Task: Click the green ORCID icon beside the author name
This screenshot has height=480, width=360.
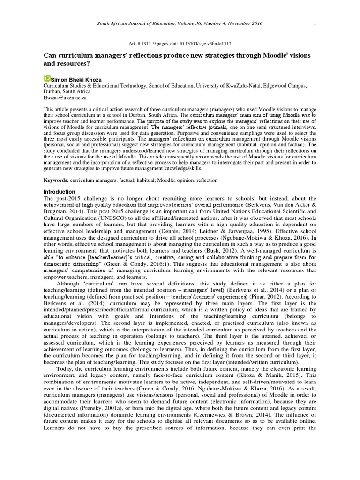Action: click(x=47, y=78)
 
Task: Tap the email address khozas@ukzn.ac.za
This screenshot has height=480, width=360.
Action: click(x=65, y=98)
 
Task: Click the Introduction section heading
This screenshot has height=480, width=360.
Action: click(x=59, y=192)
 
